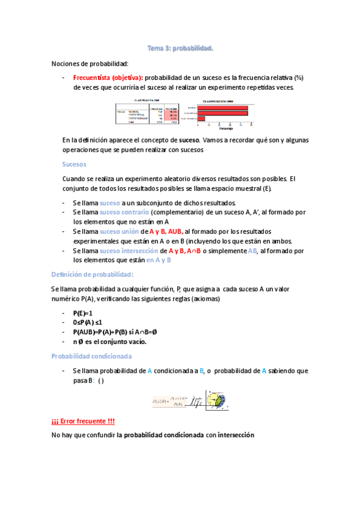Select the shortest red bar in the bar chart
pos(201,118)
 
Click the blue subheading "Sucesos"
pos(75,164)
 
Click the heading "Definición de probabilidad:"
pos(92,274)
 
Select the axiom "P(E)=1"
pos(83,313)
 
